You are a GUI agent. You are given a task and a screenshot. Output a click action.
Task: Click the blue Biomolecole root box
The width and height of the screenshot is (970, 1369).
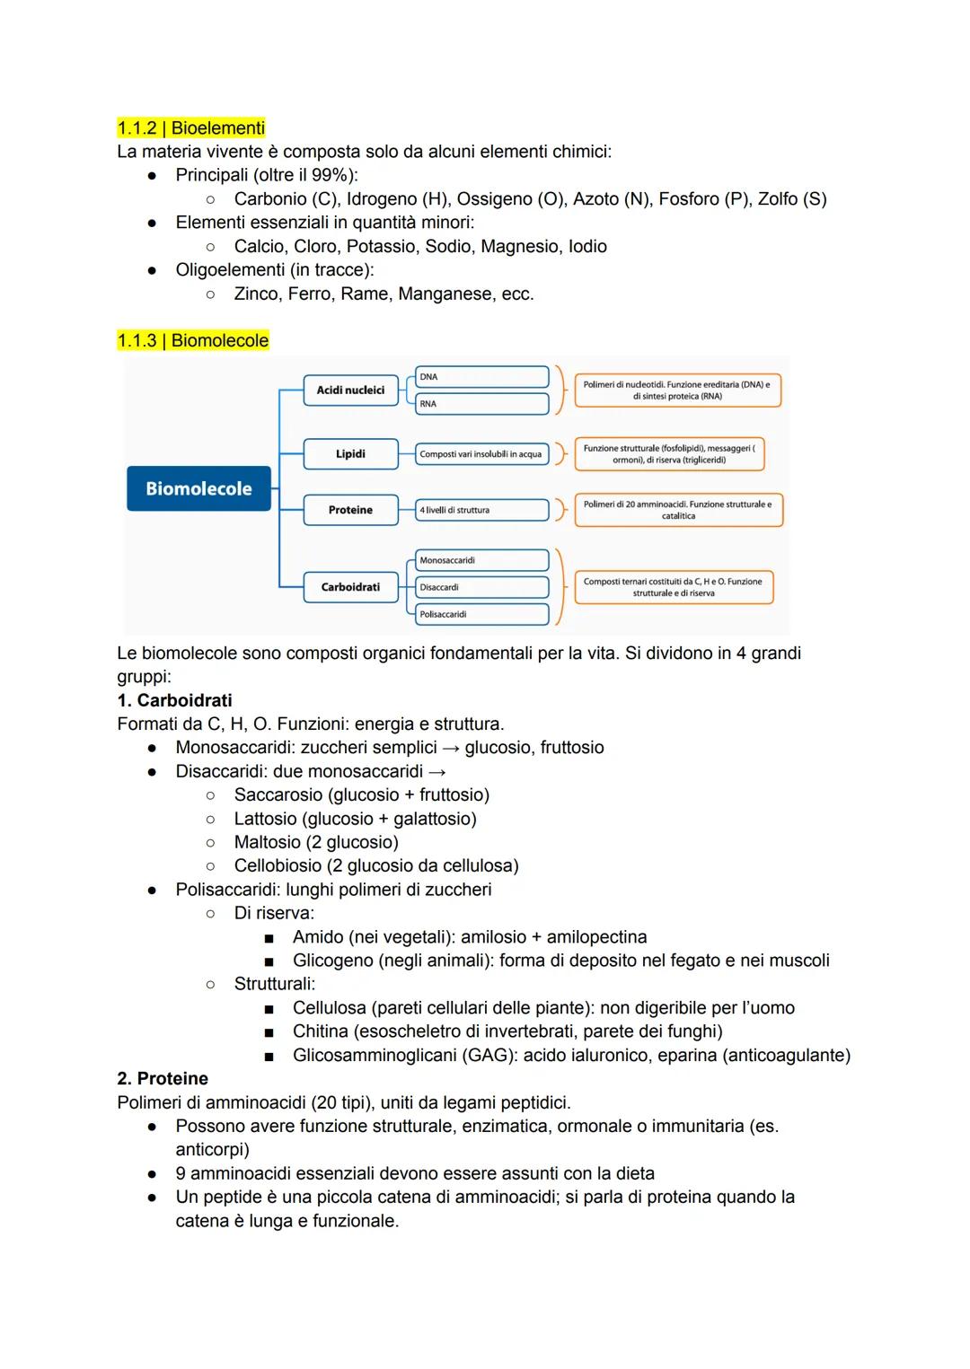click(x=198, y=488)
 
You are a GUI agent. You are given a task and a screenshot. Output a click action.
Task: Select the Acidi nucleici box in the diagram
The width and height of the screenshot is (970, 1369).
click(x=350, y=390)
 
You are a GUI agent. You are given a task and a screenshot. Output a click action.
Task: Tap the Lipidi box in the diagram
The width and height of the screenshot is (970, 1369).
click(x=350, y=453)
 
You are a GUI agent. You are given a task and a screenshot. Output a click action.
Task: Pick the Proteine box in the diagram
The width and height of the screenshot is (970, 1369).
click(x=350, y=509)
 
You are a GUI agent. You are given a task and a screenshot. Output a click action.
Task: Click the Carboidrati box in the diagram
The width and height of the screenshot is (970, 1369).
click(x=350, y=586)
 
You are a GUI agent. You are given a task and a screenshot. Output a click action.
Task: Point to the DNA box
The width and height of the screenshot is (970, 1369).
click(x=481, y=377)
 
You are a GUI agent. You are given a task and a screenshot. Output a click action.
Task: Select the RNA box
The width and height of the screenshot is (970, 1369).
click(x=481, y=404)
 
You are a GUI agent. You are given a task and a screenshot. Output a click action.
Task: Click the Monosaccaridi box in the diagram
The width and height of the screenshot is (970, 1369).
click(x=481, y=560)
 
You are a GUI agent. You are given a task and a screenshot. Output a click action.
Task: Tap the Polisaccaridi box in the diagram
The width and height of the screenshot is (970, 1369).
click(x=481, y=614)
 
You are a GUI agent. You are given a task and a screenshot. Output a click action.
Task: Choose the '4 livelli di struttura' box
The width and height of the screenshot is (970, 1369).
click(x=481, y=510)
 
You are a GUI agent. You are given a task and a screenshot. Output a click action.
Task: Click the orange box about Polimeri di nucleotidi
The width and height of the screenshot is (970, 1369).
click(x=677, y=390)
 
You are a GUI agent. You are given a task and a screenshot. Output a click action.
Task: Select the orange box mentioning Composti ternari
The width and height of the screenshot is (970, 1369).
click(x=673, y=587)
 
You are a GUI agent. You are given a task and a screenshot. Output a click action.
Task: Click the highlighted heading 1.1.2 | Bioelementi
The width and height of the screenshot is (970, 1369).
click(x=190, y=127)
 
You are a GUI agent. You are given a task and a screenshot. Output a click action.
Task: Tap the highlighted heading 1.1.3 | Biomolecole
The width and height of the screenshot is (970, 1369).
click(x=192, y=340)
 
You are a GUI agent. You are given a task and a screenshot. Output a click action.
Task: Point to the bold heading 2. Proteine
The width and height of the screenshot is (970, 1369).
click(x=163, y=1078)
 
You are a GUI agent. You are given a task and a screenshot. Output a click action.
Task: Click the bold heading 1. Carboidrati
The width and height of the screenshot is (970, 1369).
click(x=174, y=700)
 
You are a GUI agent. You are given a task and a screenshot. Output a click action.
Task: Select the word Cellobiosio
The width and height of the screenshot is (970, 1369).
click(x=278, y=865)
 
